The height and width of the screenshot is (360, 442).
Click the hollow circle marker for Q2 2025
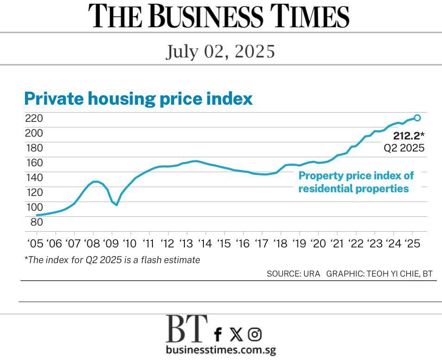click(417, 118)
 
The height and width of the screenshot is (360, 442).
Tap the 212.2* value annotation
click(409, 136)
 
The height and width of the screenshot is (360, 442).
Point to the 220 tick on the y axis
click(34, 118)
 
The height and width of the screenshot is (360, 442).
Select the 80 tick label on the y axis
click(37, 222)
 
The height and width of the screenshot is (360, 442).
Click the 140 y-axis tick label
click(34, 177)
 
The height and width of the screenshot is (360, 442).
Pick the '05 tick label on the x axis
click(35, 244)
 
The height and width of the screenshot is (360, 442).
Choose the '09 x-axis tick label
click(110, 244)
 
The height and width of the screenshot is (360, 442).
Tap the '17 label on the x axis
click(261, 244)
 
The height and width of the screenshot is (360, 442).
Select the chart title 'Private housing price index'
click(138, 99)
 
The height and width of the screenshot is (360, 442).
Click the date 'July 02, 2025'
click(221, 51)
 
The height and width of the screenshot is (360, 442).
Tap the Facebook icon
click(218, 334)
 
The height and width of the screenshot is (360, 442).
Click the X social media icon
click(236, 334)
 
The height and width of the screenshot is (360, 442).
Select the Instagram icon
click(254, 334)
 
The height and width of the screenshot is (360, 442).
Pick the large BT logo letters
click(187, 328)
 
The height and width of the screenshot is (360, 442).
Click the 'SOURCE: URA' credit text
click(293, 274)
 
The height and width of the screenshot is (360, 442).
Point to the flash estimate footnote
click(112, 260)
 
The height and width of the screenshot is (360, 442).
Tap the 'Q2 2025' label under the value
click(404, 149)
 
